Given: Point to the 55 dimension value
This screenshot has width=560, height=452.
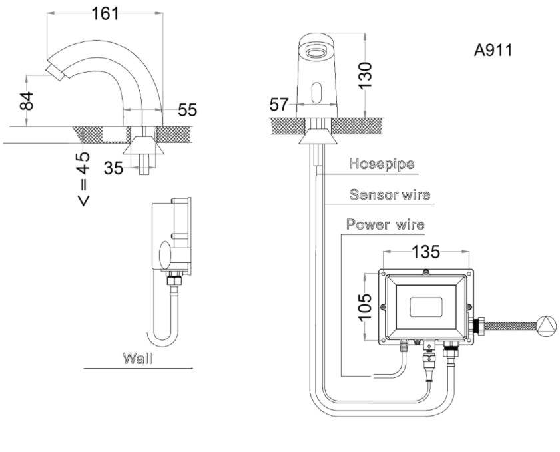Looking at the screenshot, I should click(187, 109).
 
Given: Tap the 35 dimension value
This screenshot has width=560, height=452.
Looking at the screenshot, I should click(113, 168).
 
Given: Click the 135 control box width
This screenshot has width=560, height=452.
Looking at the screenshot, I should click(426, 252).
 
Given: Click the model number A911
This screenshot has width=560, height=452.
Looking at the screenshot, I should click(493, 51).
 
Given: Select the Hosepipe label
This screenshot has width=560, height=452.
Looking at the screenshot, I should click(382, 164).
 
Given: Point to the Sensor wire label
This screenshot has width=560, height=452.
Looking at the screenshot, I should click(390, 195).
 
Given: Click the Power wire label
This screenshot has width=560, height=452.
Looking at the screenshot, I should click(385, 224).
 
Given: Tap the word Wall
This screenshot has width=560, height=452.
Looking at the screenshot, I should click(137, 358).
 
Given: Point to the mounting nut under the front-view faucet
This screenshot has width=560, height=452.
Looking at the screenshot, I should click(316, 138).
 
